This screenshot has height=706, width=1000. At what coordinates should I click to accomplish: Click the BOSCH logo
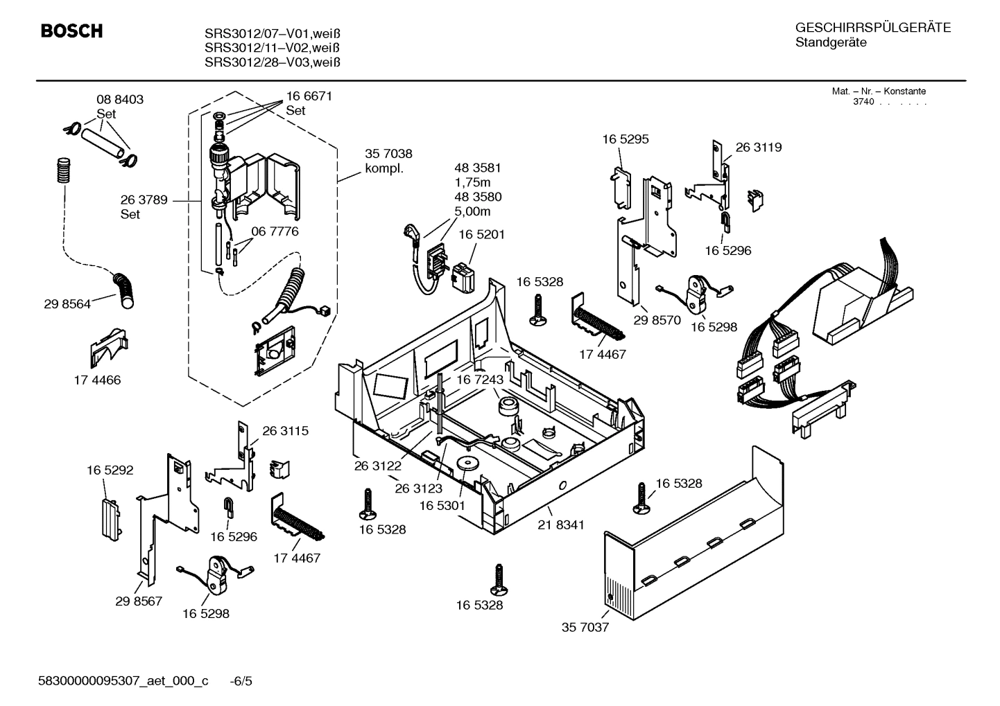[71, 32]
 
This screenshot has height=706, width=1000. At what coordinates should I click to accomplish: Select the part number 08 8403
[120, 100]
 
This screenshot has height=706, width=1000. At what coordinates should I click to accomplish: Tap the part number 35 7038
[388, 154]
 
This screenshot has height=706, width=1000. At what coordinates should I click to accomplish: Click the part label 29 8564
[67, 304]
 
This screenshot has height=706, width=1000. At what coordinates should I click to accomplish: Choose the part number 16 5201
[481, 235]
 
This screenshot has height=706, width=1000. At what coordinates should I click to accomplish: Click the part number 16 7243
[479, 380]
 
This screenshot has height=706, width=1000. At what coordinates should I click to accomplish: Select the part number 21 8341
[561, 525]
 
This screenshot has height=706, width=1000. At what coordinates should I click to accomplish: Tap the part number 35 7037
[585, 628]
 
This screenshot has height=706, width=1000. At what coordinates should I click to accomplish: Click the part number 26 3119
[758, 148]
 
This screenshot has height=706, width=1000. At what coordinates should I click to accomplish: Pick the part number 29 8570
[657, 321]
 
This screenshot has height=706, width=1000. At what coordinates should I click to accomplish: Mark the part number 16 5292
[110, 470]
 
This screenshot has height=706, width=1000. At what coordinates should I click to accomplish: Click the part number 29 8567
[139, 601]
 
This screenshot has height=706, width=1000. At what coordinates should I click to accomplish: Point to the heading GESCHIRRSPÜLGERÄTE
[872, 28]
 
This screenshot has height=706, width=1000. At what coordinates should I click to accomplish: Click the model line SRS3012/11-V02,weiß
[272, 48]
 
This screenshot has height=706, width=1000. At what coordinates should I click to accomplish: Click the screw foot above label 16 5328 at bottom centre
[497, 579]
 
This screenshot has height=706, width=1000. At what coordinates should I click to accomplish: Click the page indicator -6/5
[241, 681]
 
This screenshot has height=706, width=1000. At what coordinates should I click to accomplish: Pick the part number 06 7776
[275, 231]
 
